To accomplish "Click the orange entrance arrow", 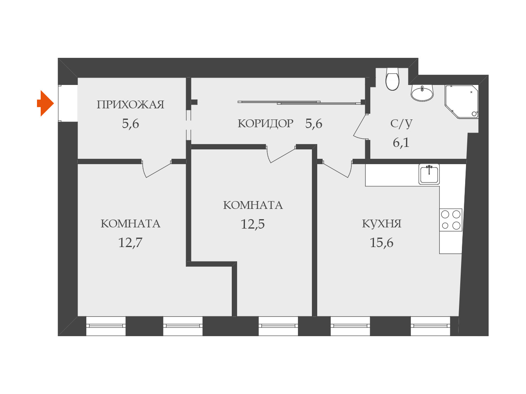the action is [46, 103].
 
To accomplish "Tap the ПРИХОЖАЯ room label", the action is [130, 105].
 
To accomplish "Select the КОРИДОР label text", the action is [265, 124].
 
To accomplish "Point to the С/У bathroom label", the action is [401, 124].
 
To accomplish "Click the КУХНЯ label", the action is [381, 224].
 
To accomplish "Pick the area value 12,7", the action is [130, 243].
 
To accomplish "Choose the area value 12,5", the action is [252, 224].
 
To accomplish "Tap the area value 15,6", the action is [381, 243].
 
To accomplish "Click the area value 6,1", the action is [401, 142].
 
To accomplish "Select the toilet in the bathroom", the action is [392, 79].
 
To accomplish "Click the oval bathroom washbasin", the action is [422, 93].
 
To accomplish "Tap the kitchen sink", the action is [429, 174].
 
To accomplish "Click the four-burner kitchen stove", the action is [450, 220].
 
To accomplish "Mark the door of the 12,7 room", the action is [157, 168].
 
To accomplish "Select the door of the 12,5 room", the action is [281, 153].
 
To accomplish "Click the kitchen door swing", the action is [337, 168].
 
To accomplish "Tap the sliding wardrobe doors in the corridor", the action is [300, 102].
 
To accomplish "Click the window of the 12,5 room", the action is [278, 326].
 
